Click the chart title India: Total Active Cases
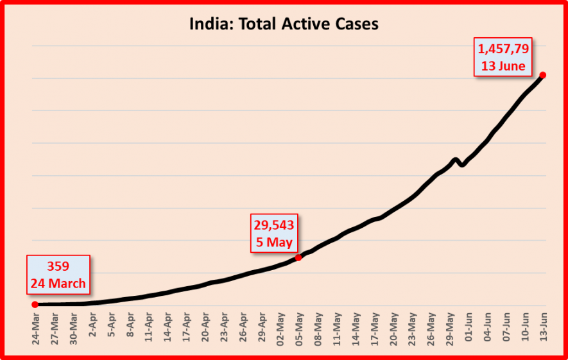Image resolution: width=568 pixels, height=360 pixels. tap(284, 24)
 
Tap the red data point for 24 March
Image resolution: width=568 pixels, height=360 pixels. tap(35, 304)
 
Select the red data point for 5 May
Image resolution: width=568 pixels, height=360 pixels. tap(298, 257)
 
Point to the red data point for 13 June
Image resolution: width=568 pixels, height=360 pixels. tap(543, 75)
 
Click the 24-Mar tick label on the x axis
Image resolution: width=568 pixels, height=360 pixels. tap(35, 329)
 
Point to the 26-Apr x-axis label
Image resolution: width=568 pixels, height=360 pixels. tap(243, 329)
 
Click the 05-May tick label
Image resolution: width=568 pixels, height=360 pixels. tap(299, 329)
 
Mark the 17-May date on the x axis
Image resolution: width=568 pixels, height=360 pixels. tap(374, 329)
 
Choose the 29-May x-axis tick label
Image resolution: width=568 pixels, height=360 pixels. tap(449, 329)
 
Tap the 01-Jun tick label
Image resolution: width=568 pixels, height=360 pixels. tap(469, 329)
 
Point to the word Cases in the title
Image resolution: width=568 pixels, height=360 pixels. tap(352, 24)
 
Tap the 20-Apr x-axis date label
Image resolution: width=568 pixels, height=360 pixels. tap(205, 329)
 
